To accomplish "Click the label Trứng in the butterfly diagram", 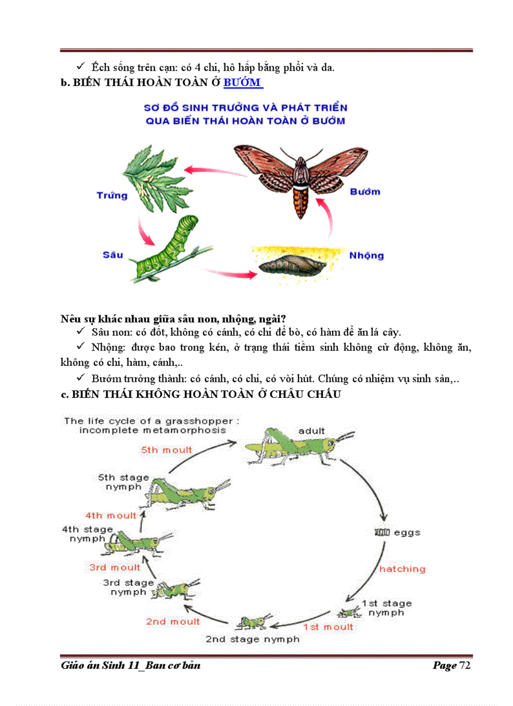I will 112,195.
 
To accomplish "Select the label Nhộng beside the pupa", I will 366,255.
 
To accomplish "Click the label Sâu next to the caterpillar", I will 113,255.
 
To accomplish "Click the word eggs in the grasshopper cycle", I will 407,532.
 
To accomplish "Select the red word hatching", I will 402,569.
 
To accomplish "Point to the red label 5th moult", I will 167,450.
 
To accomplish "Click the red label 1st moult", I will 328,627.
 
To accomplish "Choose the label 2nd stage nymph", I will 253,639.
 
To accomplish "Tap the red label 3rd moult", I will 115,567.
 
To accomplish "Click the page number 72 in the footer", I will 465,665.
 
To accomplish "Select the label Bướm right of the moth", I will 365,191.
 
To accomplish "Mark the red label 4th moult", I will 111,516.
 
